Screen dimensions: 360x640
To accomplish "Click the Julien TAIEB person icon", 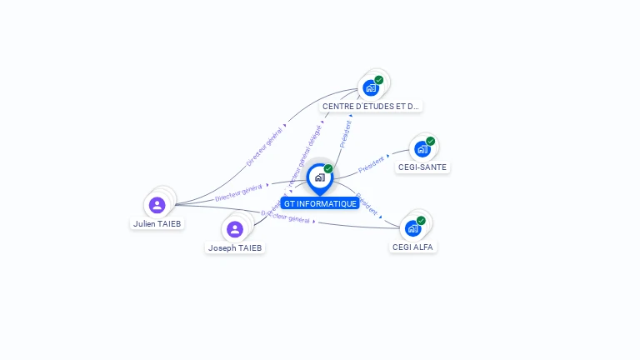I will tap(157, 205).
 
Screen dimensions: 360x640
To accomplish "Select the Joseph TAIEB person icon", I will tap(235, 229).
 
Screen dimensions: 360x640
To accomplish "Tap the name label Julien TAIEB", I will tap(157, 223).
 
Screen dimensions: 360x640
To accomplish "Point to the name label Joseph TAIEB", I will tap(235, 247).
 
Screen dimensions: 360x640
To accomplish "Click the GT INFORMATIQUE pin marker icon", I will tap(319, 177).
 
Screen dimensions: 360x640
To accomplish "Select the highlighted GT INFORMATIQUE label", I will tap(320, 203).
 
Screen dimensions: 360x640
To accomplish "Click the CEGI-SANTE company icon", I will tap(422, 149).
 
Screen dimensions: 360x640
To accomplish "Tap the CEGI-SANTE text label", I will tap(422, 167).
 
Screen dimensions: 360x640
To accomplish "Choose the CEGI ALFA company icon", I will tap(412, 228).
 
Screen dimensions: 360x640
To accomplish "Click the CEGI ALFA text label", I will tap(413, 247).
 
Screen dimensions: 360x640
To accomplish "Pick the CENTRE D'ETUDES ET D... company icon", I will tap(371, 87).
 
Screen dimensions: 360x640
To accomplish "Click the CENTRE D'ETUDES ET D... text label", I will tap(371, 106).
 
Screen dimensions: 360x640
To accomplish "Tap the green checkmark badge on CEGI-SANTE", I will tap(430, 141).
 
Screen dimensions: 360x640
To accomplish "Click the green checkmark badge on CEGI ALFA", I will tap(421, 220).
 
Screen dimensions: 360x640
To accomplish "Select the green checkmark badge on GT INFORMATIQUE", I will tap(328, 168).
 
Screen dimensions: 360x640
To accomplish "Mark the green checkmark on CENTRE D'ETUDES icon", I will tap(379, 80).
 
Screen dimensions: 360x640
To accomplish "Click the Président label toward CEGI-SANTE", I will tap(372, 163).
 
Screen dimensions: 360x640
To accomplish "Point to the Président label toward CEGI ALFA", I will tap(367, 204).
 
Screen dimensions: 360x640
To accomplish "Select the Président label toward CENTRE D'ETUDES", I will tap(346, 132).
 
